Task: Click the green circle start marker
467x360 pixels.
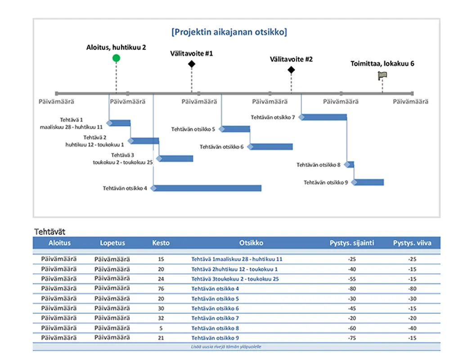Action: [116, 58]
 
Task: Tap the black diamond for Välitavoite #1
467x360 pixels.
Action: [192, 64]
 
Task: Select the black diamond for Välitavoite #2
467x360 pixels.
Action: [291, 70]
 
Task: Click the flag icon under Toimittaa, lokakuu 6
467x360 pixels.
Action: [382, 76]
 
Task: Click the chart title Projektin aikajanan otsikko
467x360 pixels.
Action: [229, 32]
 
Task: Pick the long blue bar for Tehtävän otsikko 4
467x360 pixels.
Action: [207, 188]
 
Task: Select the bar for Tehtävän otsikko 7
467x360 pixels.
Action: [324, 117]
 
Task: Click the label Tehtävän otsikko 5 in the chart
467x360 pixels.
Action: [193, 129]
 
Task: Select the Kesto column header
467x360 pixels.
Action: [161, 243]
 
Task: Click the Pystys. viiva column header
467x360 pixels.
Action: [412, 243]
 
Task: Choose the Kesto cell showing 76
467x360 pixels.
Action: [161, 288]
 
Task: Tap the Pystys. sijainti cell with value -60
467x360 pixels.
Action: [352, 328]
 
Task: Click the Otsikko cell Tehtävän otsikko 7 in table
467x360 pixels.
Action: [215, 318]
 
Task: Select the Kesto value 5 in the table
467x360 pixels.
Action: [161, 328]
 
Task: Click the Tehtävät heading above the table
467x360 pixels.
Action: [49, 232]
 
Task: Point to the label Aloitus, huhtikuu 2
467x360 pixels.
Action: [116, 47]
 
